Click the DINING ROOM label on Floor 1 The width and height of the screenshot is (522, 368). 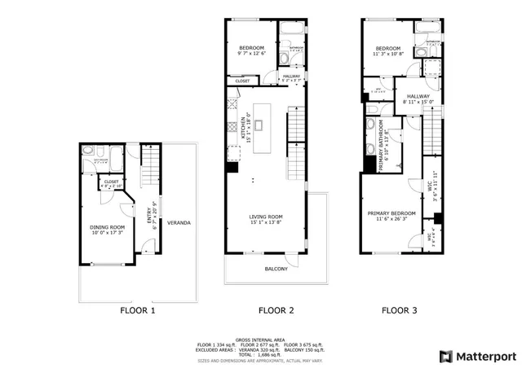107,229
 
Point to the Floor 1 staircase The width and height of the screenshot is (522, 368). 148,167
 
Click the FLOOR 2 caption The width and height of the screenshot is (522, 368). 276,310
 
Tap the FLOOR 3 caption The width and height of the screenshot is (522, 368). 401,310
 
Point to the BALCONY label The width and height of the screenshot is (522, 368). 276,269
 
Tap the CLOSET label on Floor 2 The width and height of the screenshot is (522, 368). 243,81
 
